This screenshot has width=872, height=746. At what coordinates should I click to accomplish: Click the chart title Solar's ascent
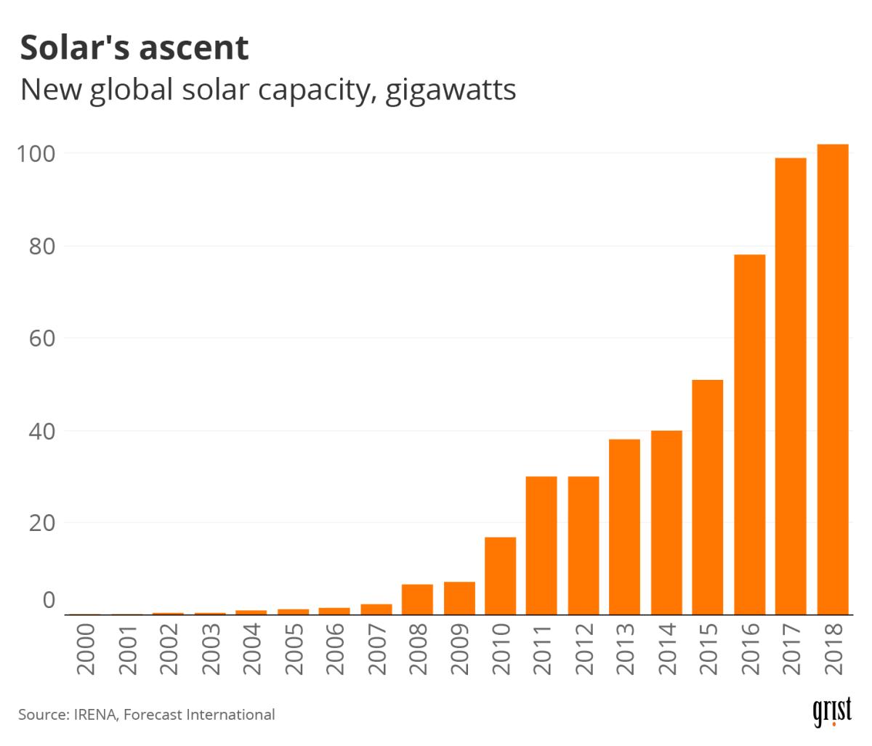(134, 48)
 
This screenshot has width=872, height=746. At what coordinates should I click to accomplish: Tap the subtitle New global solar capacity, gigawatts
(267, 90)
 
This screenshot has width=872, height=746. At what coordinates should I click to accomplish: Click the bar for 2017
(791, 386)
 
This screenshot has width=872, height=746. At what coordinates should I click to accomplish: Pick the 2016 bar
(749, 434)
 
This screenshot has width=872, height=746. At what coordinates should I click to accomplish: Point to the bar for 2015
(708, 497)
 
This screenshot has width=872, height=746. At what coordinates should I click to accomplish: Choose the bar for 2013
(624, 527)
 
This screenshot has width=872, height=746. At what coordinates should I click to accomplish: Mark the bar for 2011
(541, 545)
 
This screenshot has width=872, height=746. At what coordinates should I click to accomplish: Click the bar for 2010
(500, 575)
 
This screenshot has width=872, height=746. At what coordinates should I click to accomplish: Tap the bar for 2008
(417, 599)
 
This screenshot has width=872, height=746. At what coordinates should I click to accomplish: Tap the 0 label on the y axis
(49, 600)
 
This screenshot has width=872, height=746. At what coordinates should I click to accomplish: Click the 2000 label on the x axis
(86, 649)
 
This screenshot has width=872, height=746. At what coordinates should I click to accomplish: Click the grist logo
(831, 713)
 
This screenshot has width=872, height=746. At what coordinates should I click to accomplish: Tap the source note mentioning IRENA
(147, 715)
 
